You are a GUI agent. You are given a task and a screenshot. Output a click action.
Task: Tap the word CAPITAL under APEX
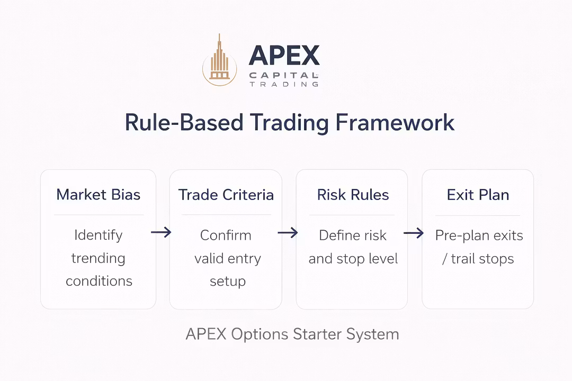tap(283, 75)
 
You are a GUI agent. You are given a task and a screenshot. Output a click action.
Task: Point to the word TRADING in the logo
tap(283, 84)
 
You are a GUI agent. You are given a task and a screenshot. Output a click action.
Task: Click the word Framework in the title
tap(395, 122)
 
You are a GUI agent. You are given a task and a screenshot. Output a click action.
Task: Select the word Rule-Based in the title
tap(183, 122)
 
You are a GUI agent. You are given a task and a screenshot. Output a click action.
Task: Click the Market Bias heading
tap(99, 195)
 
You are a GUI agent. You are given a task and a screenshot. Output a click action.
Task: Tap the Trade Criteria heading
tap(226, 195)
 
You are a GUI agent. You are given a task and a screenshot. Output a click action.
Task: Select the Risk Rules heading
tap(353, 195)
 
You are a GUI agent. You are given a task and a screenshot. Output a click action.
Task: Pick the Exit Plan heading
tap(478, 195)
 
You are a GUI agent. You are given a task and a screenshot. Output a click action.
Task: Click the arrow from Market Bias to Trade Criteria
tap(162, 232)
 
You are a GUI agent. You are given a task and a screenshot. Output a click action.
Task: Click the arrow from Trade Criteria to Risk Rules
tap(288, 232)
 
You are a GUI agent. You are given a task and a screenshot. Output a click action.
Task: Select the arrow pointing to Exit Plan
tap(414, 232)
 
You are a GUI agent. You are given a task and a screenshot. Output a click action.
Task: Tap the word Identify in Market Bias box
tap(99, 235)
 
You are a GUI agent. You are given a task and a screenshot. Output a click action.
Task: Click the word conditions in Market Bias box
tap(99, 281)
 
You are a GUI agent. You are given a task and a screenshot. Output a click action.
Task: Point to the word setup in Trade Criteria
tap(227, 281)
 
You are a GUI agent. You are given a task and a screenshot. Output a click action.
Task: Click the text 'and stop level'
tap(353, 259)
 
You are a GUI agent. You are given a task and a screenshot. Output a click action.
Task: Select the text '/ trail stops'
tap(478, 259)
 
